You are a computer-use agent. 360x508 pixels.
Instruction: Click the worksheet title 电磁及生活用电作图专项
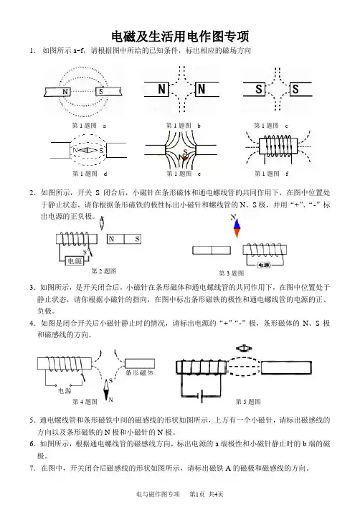(x=180, y=37)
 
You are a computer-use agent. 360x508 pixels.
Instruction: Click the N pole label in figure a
(x=65, y=92)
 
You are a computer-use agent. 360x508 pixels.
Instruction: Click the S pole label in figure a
(x=100, y=92)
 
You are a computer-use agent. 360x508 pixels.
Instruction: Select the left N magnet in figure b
(x=156, y=89)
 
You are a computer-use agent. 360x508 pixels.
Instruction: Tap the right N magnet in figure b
(x=207, y=89)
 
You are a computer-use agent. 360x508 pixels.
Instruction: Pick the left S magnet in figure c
(x=255, y=89)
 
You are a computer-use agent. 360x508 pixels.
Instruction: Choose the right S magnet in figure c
(x=300, y=89)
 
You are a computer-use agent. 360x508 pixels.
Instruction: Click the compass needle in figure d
(x=88, y=150)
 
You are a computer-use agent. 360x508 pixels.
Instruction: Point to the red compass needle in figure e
(x=184, y=157)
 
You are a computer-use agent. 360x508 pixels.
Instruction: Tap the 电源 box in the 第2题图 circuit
(x=75, y=260)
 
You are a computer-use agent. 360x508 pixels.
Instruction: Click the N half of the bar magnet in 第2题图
(x=116, y=239)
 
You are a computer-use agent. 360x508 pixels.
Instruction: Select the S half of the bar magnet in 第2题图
(x=133, y=239)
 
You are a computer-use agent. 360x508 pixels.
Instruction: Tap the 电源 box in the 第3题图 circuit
(x=264, y=265)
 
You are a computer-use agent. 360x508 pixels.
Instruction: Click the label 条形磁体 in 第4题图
(x=139, y=372)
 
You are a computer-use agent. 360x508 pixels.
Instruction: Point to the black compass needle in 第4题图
(x=107, y=390)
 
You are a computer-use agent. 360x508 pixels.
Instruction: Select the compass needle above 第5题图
(x=244, y=348)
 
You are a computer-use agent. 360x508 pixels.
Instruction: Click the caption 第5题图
(x=248, y=402)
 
